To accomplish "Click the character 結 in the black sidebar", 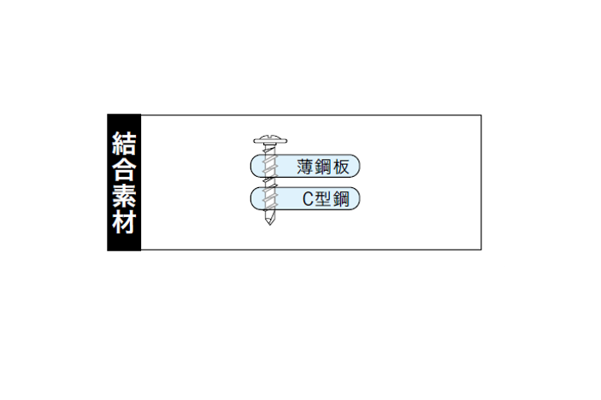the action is (x=124, y=144).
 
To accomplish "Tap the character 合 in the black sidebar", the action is (x=124, y=169).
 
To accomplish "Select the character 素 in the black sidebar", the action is (x=124, y=196).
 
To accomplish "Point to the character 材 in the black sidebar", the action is (x=124, y=221).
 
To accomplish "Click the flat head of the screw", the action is (x=270, y=140).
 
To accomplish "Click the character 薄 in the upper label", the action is (x=306, y=167).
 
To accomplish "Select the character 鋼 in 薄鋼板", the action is (x=323, y=167).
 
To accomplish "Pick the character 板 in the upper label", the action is (x=341, y=167).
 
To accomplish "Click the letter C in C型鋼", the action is (x=308, y=199).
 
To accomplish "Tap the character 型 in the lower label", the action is (x=323, y=199).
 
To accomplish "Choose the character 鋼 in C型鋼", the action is (x=341, y=199).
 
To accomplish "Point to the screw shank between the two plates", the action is (x=270, y=182).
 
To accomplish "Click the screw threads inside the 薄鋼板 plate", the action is (x=270, y=166).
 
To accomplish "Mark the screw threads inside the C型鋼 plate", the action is (x=270, y=199).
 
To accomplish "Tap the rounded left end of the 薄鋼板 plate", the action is (x=251, y=166).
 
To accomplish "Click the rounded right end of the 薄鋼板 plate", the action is (x=359, y=166).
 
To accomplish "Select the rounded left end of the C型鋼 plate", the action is (x=251, y=199).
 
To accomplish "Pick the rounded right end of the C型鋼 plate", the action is (x=359, y=199).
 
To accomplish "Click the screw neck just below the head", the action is (x=270, y=149).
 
